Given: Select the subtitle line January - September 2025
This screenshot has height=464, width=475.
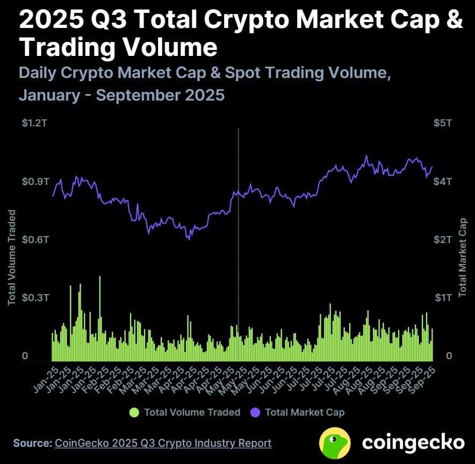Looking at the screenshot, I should tap(121, 95).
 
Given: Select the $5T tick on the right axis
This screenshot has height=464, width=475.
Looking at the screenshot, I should tap(443, 123).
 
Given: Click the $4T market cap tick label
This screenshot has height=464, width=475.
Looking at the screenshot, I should tap(443, 181).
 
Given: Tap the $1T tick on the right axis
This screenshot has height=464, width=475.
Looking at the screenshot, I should tap(443, 297).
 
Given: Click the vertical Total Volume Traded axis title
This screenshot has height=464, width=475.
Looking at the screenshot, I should tap(12, 258).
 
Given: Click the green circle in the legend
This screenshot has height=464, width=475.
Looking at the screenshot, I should tap(134, 412).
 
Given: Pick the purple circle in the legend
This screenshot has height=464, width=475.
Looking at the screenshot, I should tap(255, 412).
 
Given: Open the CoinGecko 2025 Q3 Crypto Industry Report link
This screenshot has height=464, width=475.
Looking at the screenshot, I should tap(162, 443).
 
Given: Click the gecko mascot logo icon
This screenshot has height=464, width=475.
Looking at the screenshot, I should tap(335, 442).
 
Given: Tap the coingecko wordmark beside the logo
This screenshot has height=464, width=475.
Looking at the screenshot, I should tap(413, 442).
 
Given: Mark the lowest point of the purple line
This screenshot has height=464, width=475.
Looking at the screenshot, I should tap(189, 239).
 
